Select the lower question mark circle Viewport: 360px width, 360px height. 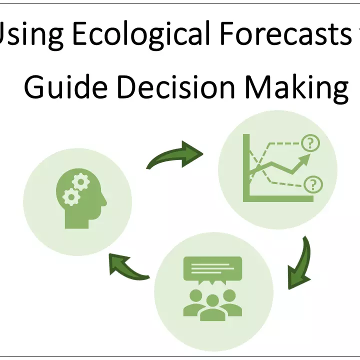tap(313, 184)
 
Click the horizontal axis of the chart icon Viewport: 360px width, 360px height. tap(278, 198)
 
